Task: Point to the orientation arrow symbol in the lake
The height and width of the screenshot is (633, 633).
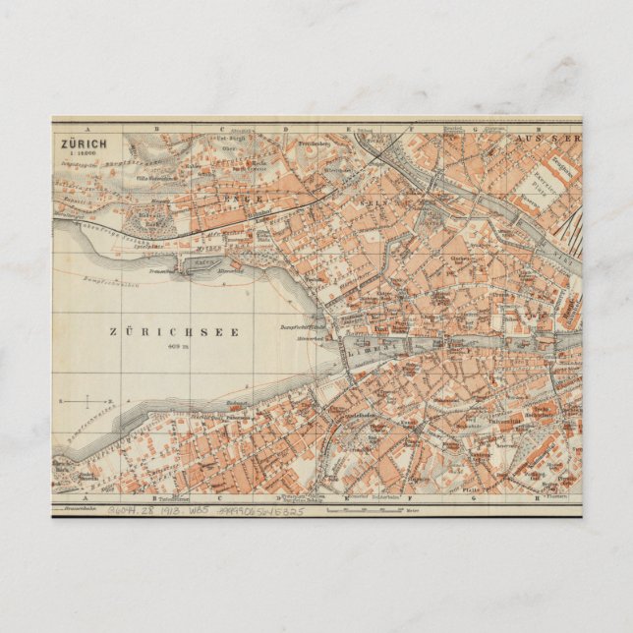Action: (86, 401)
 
